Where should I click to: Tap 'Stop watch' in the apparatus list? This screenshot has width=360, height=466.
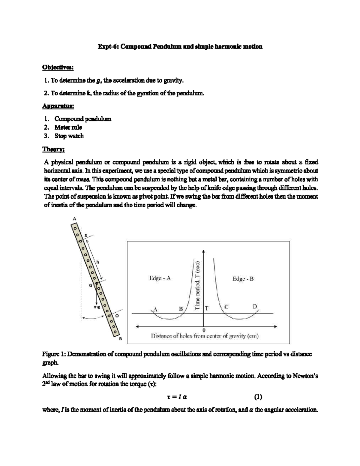pos(69,136)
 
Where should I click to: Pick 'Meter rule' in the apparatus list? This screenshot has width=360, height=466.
pos(68,127)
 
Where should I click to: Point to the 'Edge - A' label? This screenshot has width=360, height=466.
pos(160,278)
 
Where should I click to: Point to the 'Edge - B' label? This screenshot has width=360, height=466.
pos(243,279)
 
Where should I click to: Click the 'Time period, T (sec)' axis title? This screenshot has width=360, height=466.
pos(198,285)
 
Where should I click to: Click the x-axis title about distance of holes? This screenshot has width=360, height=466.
pos(204,336)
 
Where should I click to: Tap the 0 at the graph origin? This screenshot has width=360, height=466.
pos(204,330)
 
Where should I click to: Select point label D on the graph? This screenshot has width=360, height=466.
pos(254,307)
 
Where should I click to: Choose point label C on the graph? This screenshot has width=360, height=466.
pos(226,307)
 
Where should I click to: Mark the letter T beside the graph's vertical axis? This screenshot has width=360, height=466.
pos(207,308)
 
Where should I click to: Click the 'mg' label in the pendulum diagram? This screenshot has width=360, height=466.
pos(97,307)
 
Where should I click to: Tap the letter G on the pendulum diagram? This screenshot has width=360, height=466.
pos(90,285)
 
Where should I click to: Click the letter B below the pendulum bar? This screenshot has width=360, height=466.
pos(120,339)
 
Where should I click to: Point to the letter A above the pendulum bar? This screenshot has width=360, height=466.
pos(75,219)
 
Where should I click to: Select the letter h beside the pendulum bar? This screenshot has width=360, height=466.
pos(97,262)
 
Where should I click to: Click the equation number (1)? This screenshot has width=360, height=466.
pos(258,397)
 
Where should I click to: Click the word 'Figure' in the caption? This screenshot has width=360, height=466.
pos(51,354)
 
